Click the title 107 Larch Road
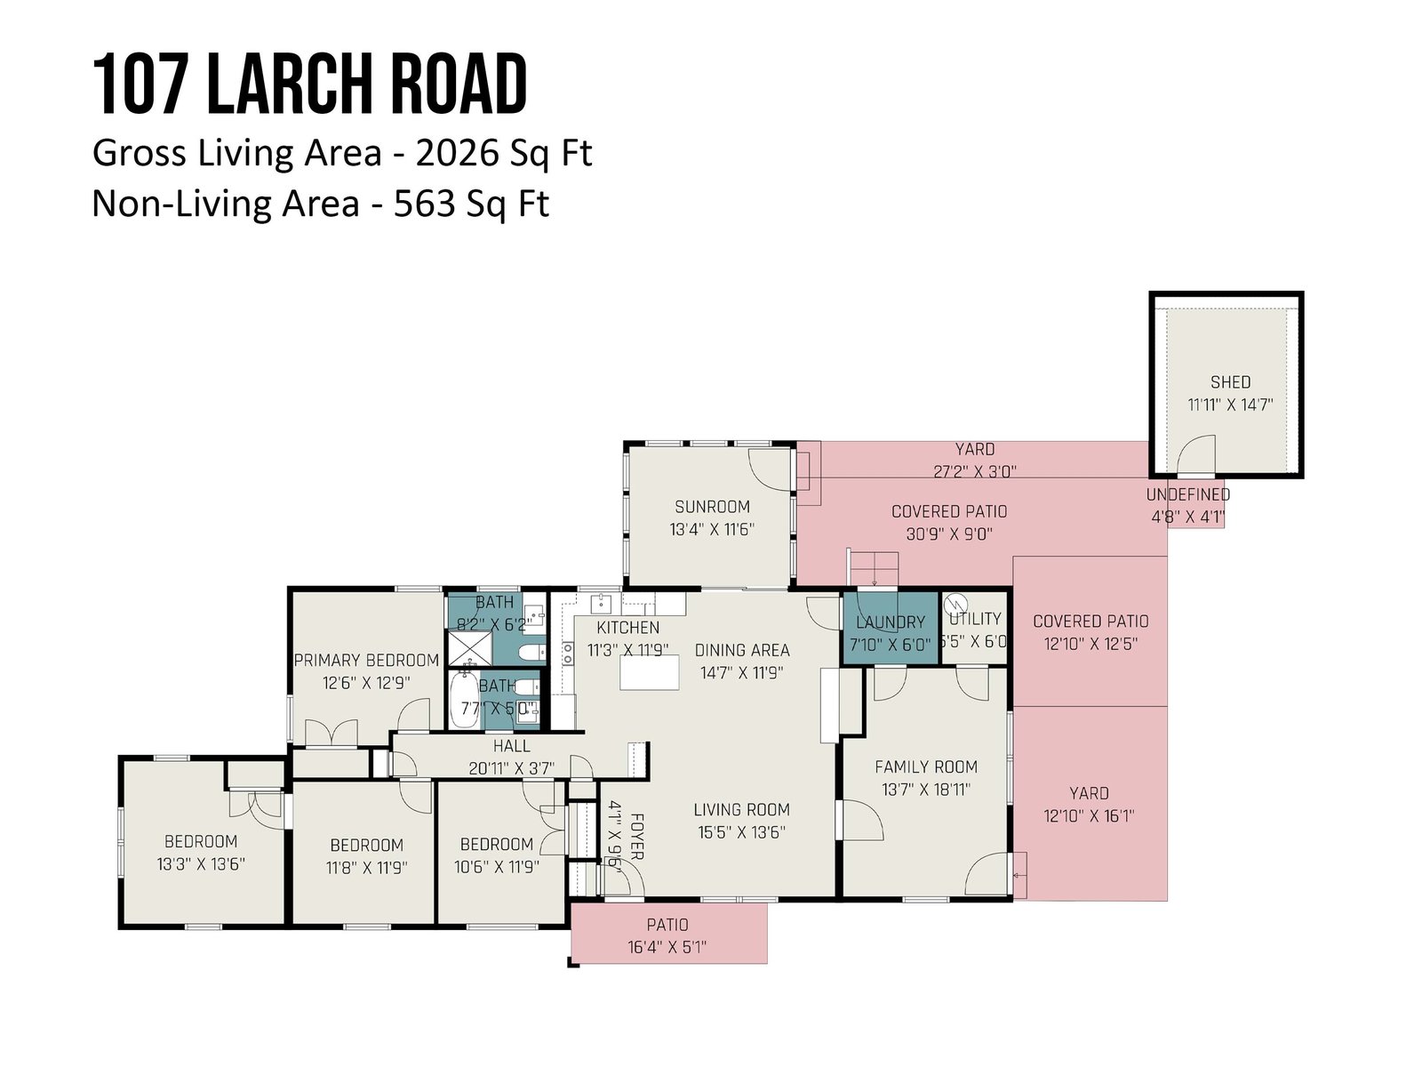pyautogui.click(x=309, y=84)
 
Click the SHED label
pyautogui.click(x=1230, y=382)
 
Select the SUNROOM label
pyautogui.click(x=712, y=507)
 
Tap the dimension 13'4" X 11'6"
pyautogui.click(x=712, y=529)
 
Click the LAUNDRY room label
pyautogui.click(x=891, y=622)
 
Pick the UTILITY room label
pyautogui.click(x=975, y=619)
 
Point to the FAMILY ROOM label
pyautogui.click(x=926, y=767)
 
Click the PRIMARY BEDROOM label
pyautogui.click(x=367, y=660)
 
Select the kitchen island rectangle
pyautogui.click(x=649, y=672)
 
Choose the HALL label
pyautogui.click(x=511, y=746)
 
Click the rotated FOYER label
pyautogui.click(x=637, y=837)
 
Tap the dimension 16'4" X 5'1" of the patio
pyautogui.click(x=667, y=947)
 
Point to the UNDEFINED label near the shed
pyautogui.click(x=1187, y=495)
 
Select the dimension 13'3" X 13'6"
pyautogui.click(x=200, y=864)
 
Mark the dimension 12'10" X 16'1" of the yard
pyautogui.click(x=1089, y=815)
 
